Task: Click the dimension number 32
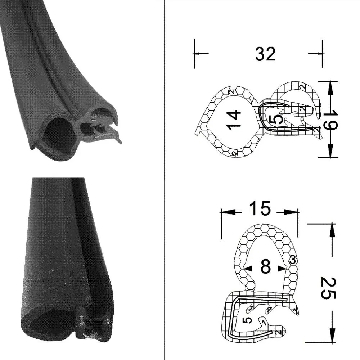pos(265,54)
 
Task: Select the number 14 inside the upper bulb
pos(233,120)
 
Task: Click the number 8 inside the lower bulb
pos(265,267)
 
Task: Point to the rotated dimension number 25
pos(328,288)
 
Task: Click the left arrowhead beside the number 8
pos(248,268)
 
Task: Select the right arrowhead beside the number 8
pos(282,268)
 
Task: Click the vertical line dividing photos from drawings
pos(165,180)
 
